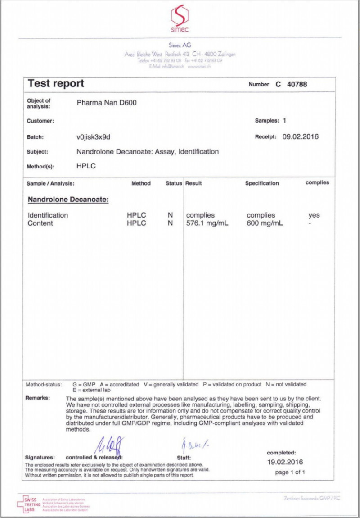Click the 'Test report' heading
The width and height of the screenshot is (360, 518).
coord(56,83)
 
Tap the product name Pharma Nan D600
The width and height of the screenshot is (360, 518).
coord(107,103)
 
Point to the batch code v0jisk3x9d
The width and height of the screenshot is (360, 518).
coord(94,137)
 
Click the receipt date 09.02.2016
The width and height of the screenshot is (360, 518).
coord(300,137)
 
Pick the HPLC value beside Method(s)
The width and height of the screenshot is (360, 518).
coord(86,166)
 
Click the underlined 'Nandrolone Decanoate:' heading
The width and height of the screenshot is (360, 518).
coord(68,199)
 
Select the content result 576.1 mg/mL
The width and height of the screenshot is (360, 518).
coord(207,223)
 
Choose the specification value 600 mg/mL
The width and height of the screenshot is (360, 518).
coord(265,223)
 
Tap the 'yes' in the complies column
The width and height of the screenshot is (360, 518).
coord(314,215)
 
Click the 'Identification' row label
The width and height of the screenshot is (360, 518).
coord(48,215)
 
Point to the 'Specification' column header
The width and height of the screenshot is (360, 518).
coord(262,183)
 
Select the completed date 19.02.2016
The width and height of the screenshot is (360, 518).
coord(285,462)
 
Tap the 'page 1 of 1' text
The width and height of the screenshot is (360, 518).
coord(290,472)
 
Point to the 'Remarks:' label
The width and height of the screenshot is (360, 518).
coord(38,398)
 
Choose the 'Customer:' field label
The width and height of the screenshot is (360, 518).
coord(40,121)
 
